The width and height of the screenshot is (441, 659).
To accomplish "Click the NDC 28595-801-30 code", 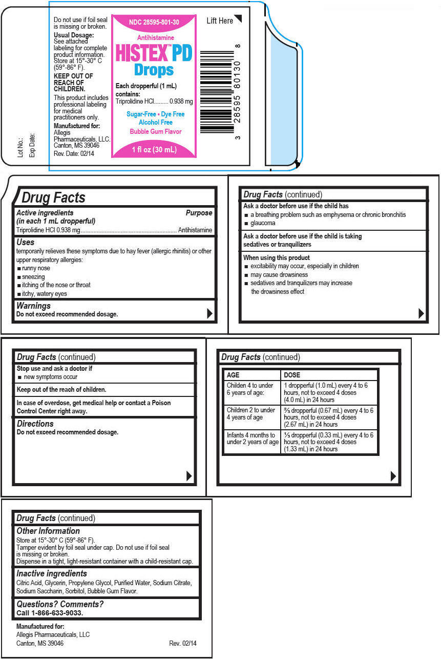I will point(154,23).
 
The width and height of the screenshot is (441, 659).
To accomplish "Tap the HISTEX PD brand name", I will point(154,53).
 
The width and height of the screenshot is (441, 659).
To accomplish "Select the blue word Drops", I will point(154,70).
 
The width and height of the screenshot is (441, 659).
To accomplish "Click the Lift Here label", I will point(220,21).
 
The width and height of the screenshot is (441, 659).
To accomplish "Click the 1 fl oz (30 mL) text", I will point(154,150).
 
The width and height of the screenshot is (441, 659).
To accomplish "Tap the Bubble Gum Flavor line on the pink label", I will point(155,131).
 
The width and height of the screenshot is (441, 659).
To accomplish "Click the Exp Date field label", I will point(32,145).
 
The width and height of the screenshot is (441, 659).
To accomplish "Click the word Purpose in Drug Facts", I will point(199,212).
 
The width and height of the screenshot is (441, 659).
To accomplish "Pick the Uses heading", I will point(26,242).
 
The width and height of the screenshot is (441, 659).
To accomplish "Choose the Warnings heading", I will point(33,306).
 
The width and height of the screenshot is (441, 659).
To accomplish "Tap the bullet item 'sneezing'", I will point(33,276).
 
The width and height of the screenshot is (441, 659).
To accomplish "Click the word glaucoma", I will point(263,223).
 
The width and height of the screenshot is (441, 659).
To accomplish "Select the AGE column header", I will point(233,375).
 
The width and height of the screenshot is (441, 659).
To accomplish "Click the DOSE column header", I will point(292,375).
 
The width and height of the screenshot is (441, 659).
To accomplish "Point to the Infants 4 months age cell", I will point(252,438).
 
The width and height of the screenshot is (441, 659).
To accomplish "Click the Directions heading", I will point(35,424).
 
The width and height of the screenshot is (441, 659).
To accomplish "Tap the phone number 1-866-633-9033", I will point(57,613).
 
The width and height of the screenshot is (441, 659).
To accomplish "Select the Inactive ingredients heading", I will point(52,573).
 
